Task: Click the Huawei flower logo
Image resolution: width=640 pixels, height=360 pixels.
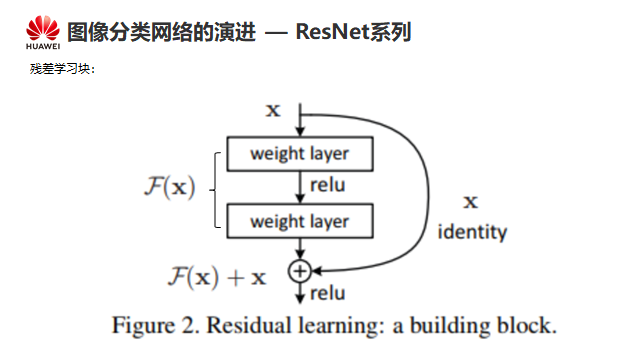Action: coord(43,28)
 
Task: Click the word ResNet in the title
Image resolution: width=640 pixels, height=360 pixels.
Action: coord(332,31)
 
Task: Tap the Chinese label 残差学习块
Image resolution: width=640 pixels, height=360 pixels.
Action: coord(60,69)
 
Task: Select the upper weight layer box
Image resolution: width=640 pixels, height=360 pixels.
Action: coord(300,154)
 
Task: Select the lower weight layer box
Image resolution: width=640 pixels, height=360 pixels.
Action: coord(300,221)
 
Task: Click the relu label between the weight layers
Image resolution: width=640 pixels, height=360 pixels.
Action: coord(328,185)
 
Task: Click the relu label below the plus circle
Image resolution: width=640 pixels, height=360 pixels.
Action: coord(328,293)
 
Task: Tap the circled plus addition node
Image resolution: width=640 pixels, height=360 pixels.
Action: coord(300,271)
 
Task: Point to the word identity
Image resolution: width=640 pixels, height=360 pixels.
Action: coord(472,232)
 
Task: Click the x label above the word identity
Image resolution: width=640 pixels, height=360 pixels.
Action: coord(471,202)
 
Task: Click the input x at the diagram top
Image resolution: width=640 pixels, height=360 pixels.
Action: coord(273,110)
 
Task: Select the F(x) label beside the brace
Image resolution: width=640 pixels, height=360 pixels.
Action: coord(170,187)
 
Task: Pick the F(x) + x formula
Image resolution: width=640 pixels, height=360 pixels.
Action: coord(217,277)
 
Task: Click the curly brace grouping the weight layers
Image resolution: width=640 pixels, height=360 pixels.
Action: coord(215,190)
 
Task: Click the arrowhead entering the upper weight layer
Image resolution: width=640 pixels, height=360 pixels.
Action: coord(300,131)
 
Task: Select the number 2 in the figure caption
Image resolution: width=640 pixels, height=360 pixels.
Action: coord(189,326)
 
